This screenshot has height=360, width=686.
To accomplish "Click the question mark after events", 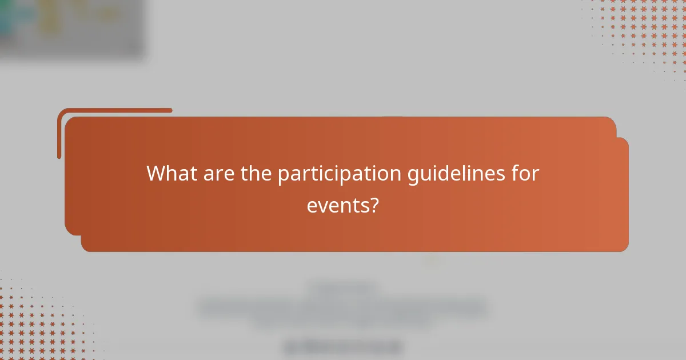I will [x=374, y=206].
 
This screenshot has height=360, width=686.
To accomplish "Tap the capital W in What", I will [x=156, y=173].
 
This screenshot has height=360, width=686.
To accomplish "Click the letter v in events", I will [x=322, y=206].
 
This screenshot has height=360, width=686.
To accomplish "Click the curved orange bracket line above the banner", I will [x=114, y=111].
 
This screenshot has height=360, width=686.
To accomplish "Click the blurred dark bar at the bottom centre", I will [x=343, y=346].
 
